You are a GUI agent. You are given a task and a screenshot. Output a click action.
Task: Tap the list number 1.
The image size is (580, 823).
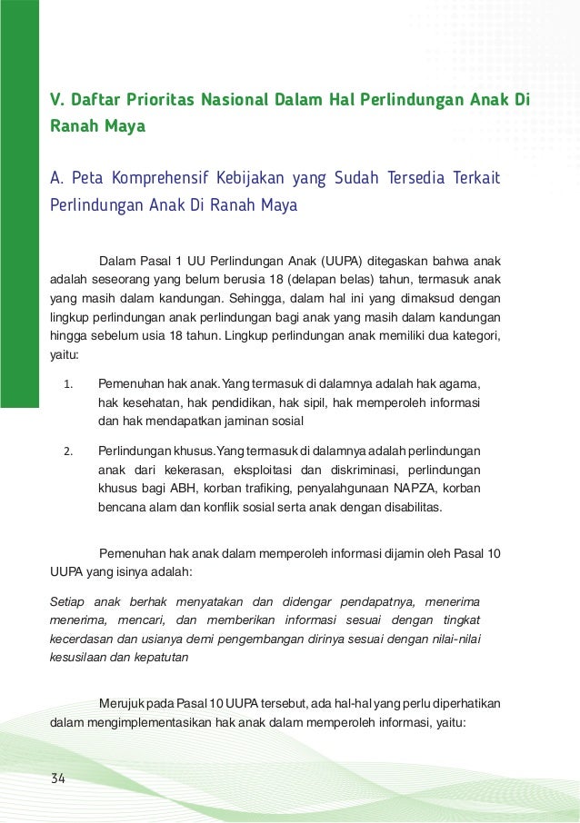(68, 383)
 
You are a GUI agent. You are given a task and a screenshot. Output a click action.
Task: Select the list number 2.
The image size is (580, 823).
(68, 451)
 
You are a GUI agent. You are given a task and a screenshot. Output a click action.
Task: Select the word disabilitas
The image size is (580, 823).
(408, 508)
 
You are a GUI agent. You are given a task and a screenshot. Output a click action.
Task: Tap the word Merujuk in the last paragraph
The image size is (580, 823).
(123, 706)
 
